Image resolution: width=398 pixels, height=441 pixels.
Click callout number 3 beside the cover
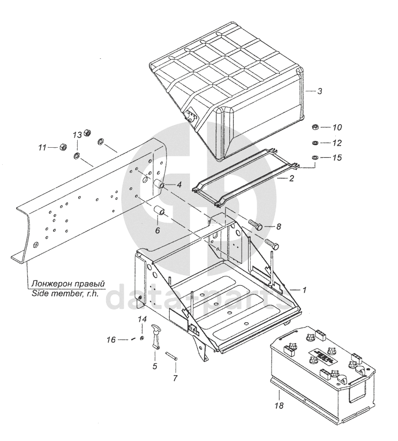point(319,91)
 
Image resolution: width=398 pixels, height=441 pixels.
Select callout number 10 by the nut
point(337,127)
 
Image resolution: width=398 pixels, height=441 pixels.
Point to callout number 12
point(337,143)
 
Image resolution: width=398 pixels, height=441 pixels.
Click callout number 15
point(337,157)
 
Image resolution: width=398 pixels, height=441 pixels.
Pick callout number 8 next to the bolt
point(279,226)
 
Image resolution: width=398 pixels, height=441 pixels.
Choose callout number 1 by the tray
point(304,290)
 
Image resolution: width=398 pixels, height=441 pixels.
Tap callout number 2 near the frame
point(291,178)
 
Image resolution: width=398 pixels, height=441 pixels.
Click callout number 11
point(42,147)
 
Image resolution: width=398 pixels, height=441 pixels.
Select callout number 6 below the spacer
point(157,230)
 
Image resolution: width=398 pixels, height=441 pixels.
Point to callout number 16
point(111,340)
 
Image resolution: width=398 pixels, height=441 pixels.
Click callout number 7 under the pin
point(175,378)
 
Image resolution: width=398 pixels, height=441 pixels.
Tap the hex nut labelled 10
point(316,127)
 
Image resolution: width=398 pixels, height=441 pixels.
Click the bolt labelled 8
point(256,224)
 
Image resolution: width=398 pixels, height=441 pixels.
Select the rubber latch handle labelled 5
point(156,337)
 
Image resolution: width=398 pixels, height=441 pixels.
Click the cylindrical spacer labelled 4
point(158,183)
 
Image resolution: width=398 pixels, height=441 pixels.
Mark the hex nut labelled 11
point(63,147)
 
